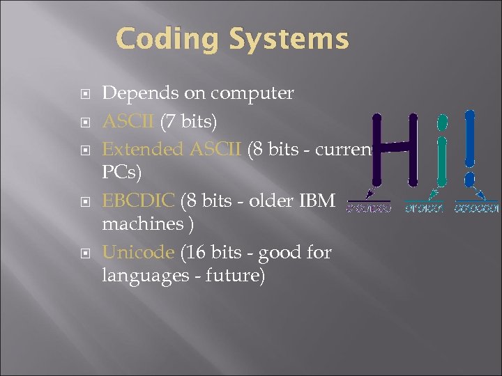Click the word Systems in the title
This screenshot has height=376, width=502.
pyautogui.click(x=289, y=39)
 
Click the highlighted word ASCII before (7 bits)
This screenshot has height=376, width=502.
pyautogui.click(x=129, y=122)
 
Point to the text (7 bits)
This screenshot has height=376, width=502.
pyautogui.click(x=189, y=122)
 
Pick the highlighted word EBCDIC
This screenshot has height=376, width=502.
pyautogui.click(x=139, y=201)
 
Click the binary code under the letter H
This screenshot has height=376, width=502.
pyautogui.click(x=369, y=207)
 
